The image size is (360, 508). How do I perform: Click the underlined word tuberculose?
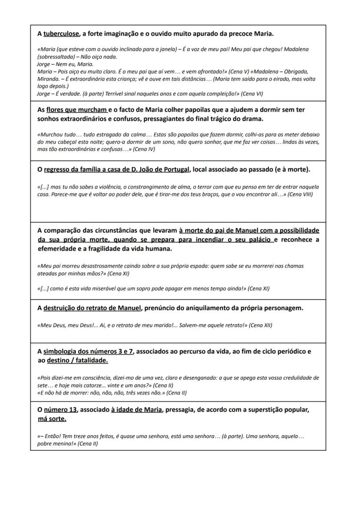(x=61, y=33)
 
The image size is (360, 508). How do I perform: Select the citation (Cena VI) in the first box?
(x=252, y=93)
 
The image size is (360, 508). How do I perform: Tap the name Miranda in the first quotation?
(x=48, y=79)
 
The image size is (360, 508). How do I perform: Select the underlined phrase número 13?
(x=60, y=410)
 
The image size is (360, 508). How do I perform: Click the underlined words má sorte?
(x=52, y=419)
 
